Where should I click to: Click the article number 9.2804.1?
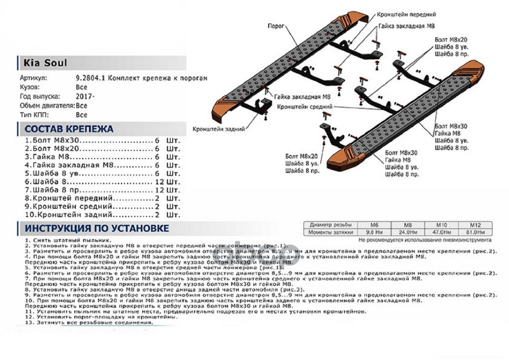coord(90,78)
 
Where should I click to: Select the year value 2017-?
coord(85,96)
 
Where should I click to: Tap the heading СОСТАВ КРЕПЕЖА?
coord(69,129)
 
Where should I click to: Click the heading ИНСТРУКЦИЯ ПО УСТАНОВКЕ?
coord(97,228)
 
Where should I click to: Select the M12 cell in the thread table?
coord(475,225)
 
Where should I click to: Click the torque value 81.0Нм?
coord(475,233)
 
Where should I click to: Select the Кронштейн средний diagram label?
coord(304,107)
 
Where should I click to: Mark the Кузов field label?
coord(30,87)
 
